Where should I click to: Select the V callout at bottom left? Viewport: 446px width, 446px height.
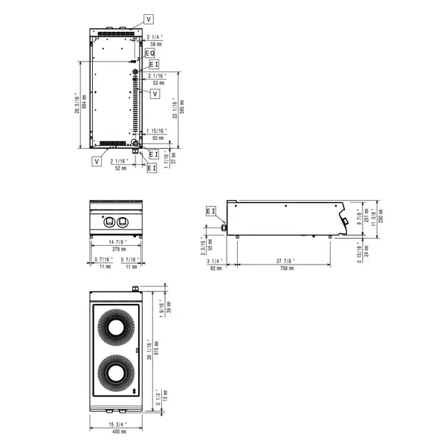tap(97, 161)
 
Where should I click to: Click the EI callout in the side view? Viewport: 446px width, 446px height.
tap(210, 212)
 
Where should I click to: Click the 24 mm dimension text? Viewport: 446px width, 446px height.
tap(366, 251)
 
